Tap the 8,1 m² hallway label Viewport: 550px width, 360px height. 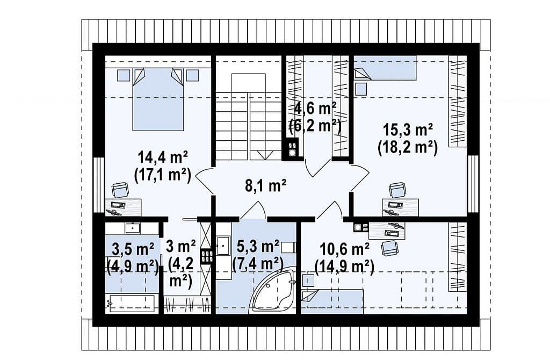click(x=265, y=185)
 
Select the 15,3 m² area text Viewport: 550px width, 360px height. click(x=407, y=130)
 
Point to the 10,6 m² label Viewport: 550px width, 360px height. click(x=344, y=249)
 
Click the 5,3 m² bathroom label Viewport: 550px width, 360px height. click(x=258, y=246)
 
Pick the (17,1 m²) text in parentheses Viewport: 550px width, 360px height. click(x=162, y=175)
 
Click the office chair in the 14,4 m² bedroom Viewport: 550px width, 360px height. click(x=120, y=191)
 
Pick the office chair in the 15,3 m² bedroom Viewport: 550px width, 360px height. click(x=397, y=191)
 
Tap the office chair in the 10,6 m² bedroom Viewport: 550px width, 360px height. click(x=390, y=248)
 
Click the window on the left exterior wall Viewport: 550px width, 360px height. click(x=99, y=185)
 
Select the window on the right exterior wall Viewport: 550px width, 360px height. click(x=473, y=184)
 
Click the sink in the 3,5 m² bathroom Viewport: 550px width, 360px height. click(x=133, y=228)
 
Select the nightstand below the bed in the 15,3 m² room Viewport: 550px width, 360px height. click(x=360, y=89)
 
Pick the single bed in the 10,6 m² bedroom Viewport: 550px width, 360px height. click(x=332, y=301)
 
